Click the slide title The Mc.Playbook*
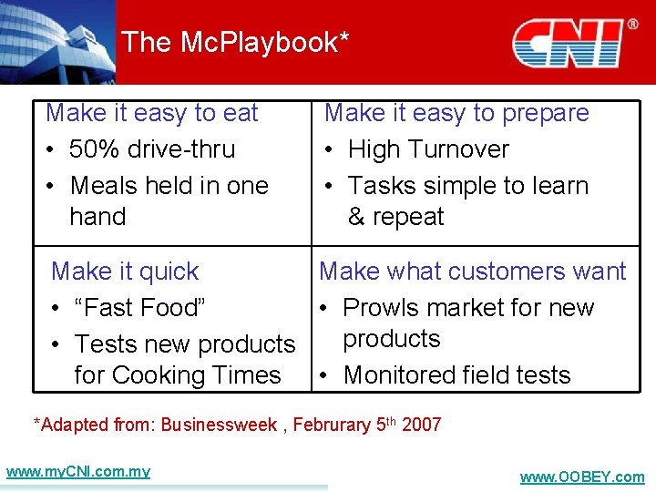coord(235,42)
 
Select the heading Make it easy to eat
coord(152,113)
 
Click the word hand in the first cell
coord(97,217)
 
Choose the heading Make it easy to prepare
coord(456,113)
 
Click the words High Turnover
coord(428,149)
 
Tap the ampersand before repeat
coord(356,217)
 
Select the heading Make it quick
coord(125,272)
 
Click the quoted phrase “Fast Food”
coord(140,308)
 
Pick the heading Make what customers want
coord(472,272)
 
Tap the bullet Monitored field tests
coord(456,375)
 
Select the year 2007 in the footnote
coord(421,425)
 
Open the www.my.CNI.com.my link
coord(77,472)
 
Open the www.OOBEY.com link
coord(581,477)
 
